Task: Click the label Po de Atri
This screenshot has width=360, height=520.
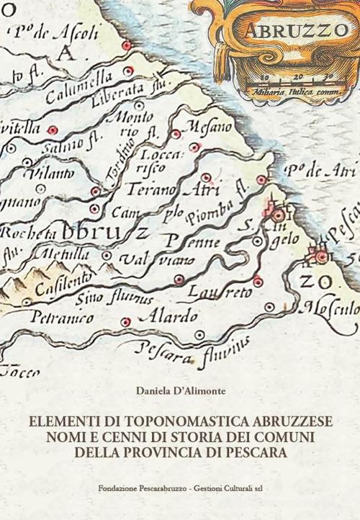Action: (317, 171)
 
